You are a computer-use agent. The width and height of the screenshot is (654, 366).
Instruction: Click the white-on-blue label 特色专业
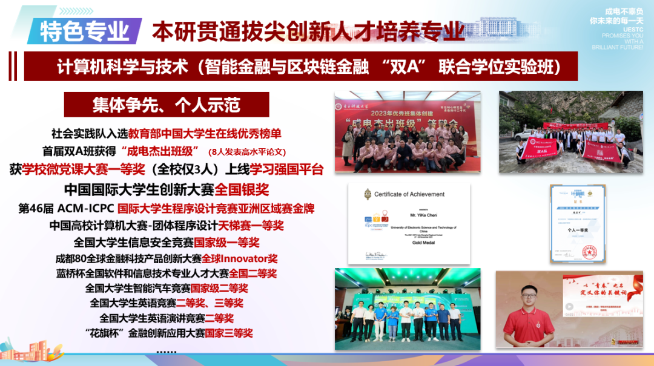[85, 31]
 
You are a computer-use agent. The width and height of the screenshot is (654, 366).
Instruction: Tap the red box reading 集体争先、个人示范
[167, 105]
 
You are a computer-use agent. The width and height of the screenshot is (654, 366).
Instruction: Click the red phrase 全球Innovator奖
[244, 258]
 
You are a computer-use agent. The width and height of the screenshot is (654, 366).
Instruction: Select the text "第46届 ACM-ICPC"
[67, 209]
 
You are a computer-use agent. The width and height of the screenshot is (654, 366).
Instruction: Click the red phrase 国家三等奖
[229, 333]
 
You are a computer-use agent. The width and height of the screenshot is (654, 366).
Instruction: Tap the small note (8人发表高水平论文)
[246, 152]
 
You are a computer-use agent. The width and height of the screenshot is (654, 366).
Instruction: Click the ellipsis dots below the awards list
[166, 351]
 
